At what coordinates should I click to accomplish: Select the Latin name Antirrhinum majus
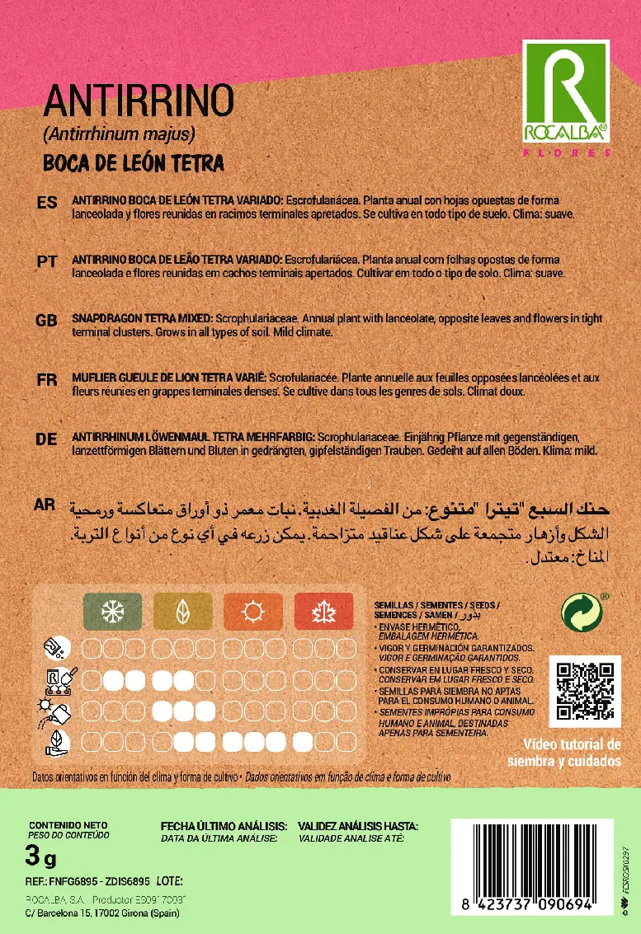119,134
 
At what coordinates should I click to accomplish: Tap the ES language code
47,203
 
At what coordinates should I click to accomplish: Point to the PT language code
47,261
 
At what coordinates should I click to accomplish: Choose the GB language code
47,320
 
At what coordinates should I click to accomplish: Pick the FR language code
47,380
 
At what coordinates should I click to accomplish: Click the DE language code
47,439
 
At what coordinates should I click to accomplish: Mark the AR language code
46,505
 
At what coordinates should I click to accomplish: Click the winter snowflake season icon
112,612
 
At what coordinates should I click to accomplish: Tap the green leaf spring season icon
182,612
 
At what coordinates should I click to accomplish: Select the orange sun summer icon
252,612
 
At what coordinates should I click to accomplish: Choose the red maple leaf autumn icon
323,612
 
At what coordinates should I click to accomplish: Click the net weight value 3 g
41,858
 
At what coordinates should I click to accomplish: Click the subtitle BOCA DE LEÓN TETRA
134,162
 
